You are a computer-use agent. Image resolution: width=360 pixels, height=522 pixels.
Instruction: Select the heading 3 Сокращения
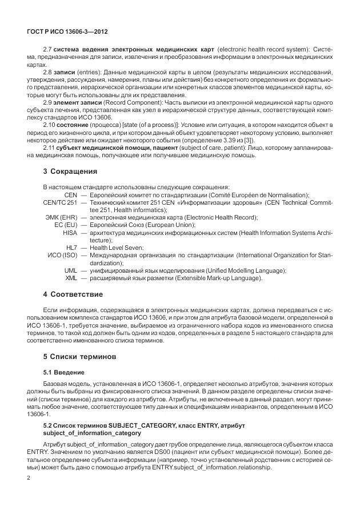pos(70,172)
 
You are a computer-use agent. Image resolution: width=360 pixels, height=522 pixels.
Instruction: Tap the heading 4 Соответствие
pos(73,294)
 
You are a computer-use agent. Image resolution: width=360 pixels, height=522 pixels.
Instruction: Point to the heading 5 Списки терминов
pos(79,356)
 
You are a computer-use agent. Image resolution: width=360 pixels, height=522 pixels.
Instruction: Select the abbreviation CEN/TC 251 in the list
pos(60,202)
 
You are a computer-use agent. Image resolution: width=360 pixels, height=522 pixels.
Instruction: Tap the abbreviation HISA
pos(70,233)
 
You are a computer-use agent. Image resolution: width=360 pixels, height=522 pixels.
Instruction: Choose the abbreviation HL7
pos(71,248)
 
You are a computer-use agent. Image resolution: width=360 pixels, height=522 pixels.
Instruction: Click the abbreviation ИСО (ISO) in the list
pos(62,255)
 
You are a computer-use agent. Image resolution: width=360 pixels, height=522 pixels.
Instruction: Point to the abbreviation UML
pos(70,270)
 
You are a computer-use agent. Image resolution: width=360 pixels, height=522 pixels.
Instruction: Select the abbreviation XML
pos(71,278)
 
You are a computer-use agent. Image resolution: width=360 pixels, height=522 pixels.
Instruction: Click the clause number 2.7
pos(47,50)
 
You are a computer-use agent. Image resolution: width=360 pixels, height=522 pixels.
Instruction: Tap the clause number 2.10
pos(49,124)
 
